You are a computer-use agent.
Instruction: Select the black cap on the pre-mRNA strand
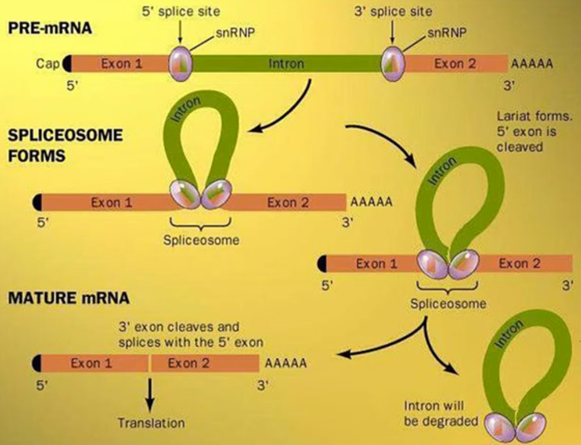pyautogui.click(x=66, y=63)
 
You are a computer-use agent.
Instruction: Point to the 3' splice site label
pyautogui.click(x=393, y=11)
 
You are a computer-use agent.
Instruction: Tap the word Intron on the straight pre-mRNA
pyautogui.click(x=286, y=63)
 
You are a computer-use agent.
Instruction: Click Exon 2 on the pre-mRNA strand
pyautogui.click(x=455, y=63)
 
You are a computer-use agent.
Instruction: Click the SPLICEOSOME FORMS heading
pyautogui.click(x=65, y=146)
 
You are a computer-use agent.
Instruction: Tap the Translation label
pyautogui.click(x=151, y=423)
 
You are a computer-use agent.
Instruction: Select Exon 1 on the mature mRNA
pyautogui.click(x=91, y=363)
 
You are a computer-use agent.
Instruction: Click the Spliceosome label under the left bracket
pyautogui.click(x=201, y=240)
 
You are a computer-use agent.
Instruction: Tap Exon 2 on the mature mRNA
pyautogui.click(x=189, y=363)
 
